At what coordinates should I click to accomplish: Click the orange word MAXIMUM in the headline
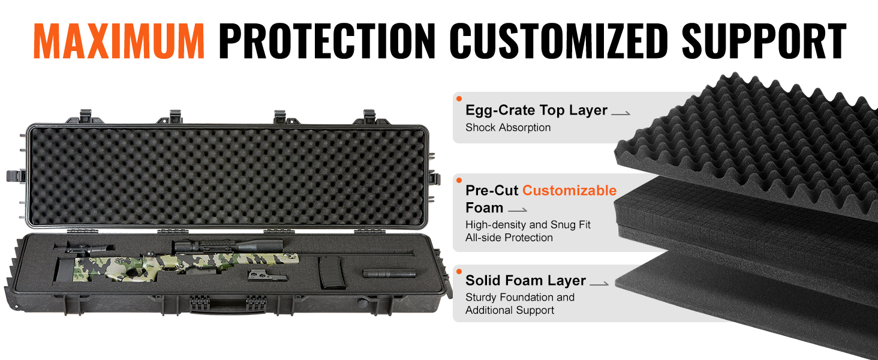pos(119,41)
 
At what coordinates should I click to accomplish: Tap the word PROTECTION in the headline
pos(327,41)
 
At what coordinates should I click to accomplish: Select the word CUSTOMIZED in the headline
pos(558,41)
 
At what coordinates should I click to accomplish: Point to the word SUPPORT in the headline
pos(764,41)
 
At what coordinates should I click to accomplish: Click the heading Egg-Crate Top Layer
pos(536,110)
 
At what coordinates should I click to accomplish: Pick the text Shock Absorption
pos(508,127)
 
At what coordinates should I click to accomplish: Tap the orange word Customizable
pos(570,190)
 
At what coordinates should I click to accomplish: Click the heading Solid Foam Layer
pos(525,280)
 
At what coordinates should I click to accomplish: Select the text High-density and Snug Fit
pos(528,225)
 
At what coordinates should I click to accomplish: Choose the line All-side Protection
pos(509,238)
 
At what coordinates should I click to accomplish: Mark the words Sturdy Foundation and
pos(520,297)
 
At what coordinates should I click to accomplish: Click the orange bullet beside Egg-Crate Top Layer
pos(459,99)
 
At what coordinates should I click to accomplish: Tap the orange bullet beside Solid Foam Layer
pos(459,271)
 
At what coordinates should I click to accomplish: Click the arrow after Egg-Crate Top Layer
pos(621,113)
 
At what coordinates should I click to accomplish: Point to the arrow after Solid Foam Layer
pos(599,284)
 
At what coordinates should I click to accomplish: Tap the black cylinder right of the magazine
pos(389,274)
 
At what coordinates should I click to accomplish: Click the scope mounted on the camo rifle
pos(227,247)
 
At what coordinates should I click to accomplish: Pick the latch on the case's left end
pos(16,176)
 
